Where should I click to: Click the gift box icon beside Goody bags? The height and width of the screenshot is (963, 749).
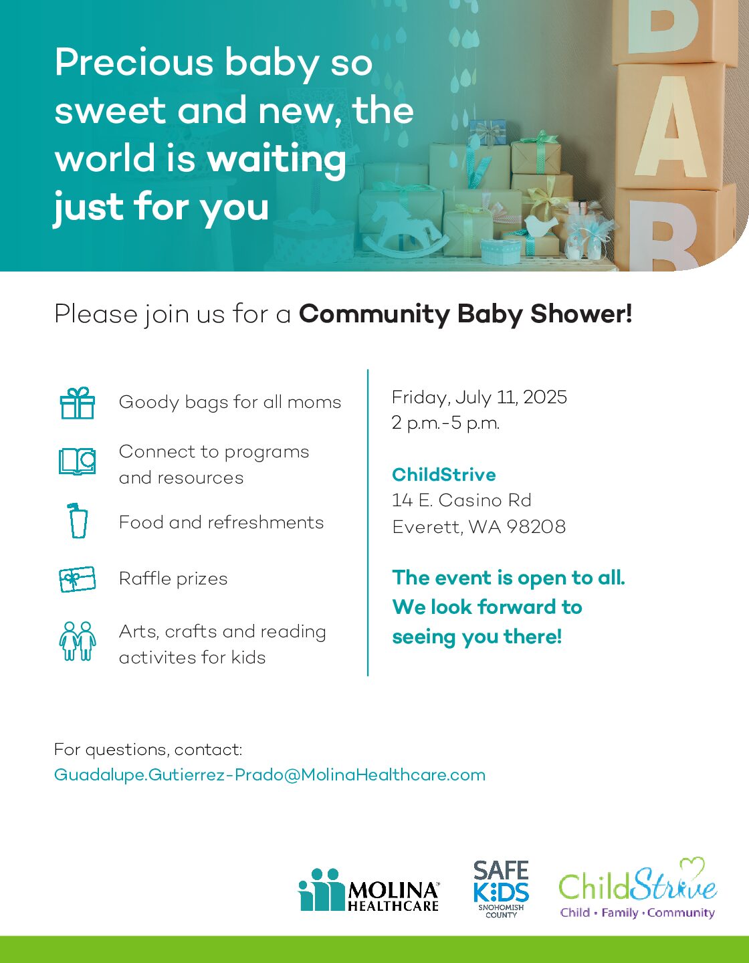[x=78, y=403]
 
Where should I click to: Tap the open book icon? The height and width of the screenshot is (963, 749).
[x=78, y=461]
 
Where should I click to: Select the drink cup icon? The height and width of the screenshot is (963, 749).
[x=78, y=521]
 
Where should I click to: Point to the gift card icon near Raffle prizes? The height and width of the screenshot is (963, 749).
[x=78, y=578]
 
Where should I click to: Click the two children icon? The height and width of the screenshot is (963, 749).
[x=78, y=641]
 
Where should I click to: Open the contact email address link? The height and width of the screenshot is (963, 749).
[x=270, y=775]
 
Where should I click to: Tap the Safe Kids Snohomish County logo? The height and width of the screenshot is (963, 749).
[x=502, y=889]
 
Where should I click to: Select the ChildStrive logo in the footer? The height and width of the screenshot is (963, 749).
[x=637, y=889]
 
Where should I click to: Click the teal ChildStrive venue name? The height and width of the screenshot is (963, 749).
[x=443, y=475]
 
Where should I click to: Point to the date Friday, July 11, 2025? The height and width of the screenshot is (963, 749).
[x=479, y=397]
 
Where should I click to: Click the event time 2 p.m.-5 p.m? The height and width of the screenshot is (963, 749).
[x=445, y=423]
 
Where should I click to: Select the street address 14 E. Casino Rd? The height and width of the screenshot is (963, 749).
[x=461, y=500]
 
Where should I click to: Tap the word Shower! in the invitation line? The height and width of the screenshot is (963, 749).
[x=581, y=314]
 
